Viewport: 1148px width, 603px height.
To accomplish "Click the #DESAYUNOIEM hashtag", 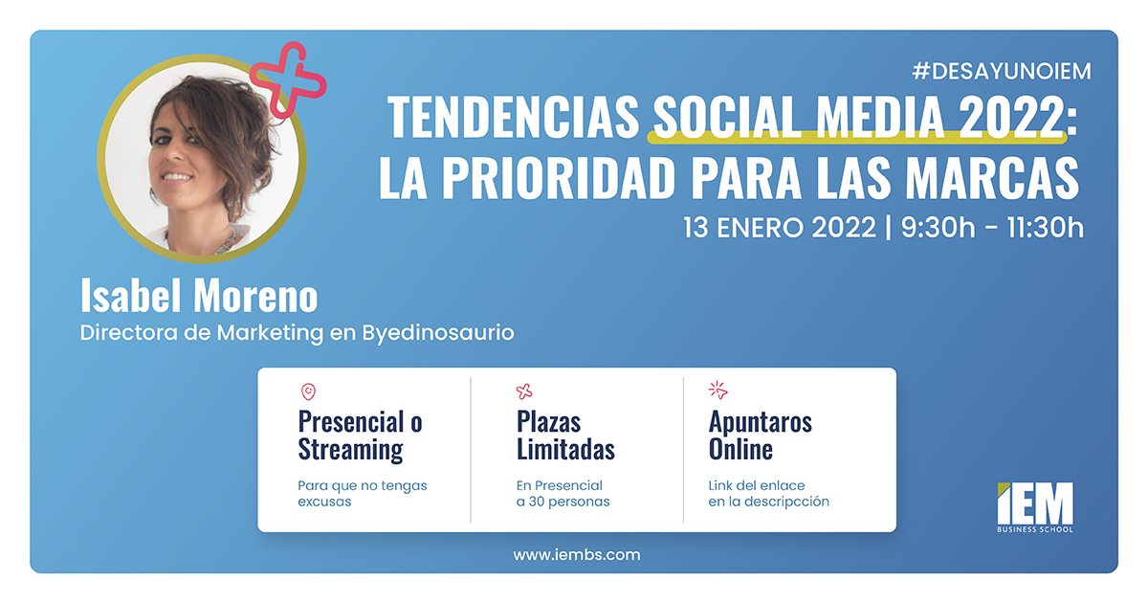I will point(1002,71).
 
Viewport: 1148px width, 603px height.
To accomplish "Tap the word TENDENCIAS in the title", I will point(513,118).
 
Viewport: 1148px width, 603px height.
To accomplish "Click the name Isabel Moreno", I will point(199,297).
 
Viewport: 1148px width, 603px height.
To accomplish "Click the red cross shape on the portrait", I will point(288,79).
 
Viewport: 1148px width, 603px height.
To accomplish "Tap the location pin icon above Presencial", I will point(307,391).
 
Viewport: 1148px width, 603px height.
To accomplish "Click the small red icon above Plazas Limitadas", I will point(524,391).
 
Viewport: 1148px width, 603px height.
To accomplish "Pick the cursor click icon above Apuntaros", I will point(717,391).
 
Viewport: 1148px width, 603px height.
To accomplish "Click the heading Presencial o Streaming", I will point(360,435).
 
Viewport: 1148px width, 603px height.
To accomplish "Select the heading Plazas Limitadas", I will point(565,435).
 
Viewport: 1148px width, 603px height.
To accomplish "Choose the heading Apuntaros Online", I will point(760,435).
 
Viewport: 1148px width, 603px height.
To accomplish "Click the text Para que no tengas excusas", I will point(363,493).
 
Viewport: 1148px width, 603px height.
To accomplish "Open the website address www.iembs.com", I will point(577,554).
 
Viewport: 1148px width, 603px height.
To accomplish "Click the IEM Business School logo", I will point(1034,506).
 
